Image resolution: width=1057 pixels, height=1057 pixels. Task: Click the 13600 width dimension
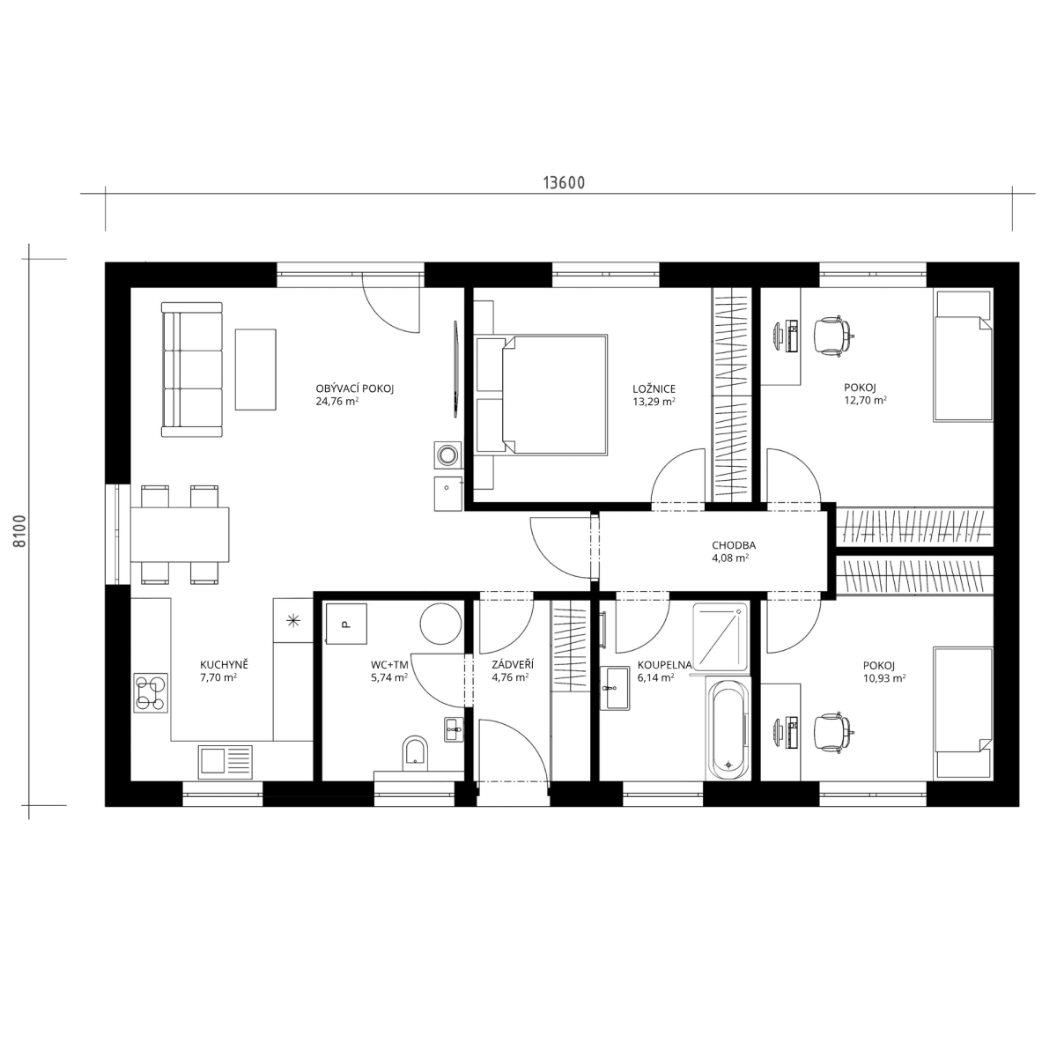[564, 182]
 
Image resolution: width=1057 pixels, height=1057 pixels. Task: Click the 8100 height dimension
[19, 531]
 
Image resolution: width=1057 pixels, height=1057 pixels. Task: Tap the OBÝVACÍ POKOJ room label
[355, 389]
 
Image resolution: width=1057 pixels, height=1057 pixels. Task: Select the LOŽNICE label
[654, 389]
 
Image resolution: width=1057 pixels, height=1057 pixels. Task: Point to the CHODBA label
[734, 545]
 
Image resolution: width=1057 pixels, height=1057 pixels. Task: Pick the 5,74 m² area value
[389, 677]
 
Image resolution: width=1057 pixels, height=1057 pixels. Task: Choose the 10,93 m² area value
[883, 678]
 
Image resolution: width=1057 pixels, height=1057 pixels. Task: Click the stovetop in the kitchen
[151, 693]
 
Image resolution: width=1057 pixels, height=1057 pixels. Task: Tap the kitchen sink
[225, 762]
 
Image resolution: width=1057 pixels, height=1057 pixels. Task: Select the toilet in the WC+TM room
[415, 752]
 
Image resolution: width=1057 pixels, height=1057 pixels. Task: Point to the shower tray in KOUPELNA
[721, 638]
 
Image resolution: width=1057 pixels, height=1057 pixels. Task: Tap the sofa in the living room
[191, 369]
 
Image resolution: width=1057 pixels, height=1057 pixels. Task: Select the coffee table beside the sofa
[255, 369]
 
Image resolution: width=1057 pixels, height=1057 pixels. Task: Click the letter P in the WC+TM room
[345, 625]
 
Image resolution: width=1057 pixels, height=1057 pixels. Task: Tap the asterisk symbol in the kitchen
[294, 620]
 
